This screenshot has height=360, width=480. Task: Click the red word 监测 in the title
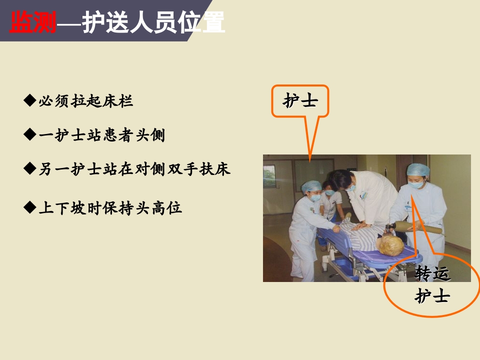tap(33, 22)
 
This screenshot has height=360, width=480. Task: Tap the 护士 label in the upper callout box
tap(300, 100)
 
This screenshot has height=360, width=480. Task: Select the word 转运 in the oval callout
tap(432, 273)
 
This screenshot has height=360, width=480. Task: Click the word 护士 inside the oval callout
tap(432, 296)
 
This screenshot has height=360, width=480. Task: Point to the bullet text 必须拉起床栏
tap(86, 101)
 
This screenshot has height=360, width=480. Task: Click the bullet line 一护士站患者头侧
tap(102, 135)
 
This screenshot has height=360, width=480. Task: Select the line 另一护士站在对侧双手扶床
tap(134, 168)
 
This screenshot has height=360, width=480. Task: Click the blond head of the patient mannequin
tap(390, 245)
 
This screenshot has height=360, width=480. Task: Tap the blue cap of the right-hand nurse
tap(417, 170)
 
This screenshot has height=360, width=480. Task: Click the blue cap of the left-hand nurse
tap(311, 186)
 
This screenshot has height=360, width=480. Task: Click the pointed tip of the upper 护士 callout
tap(309, 161)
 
